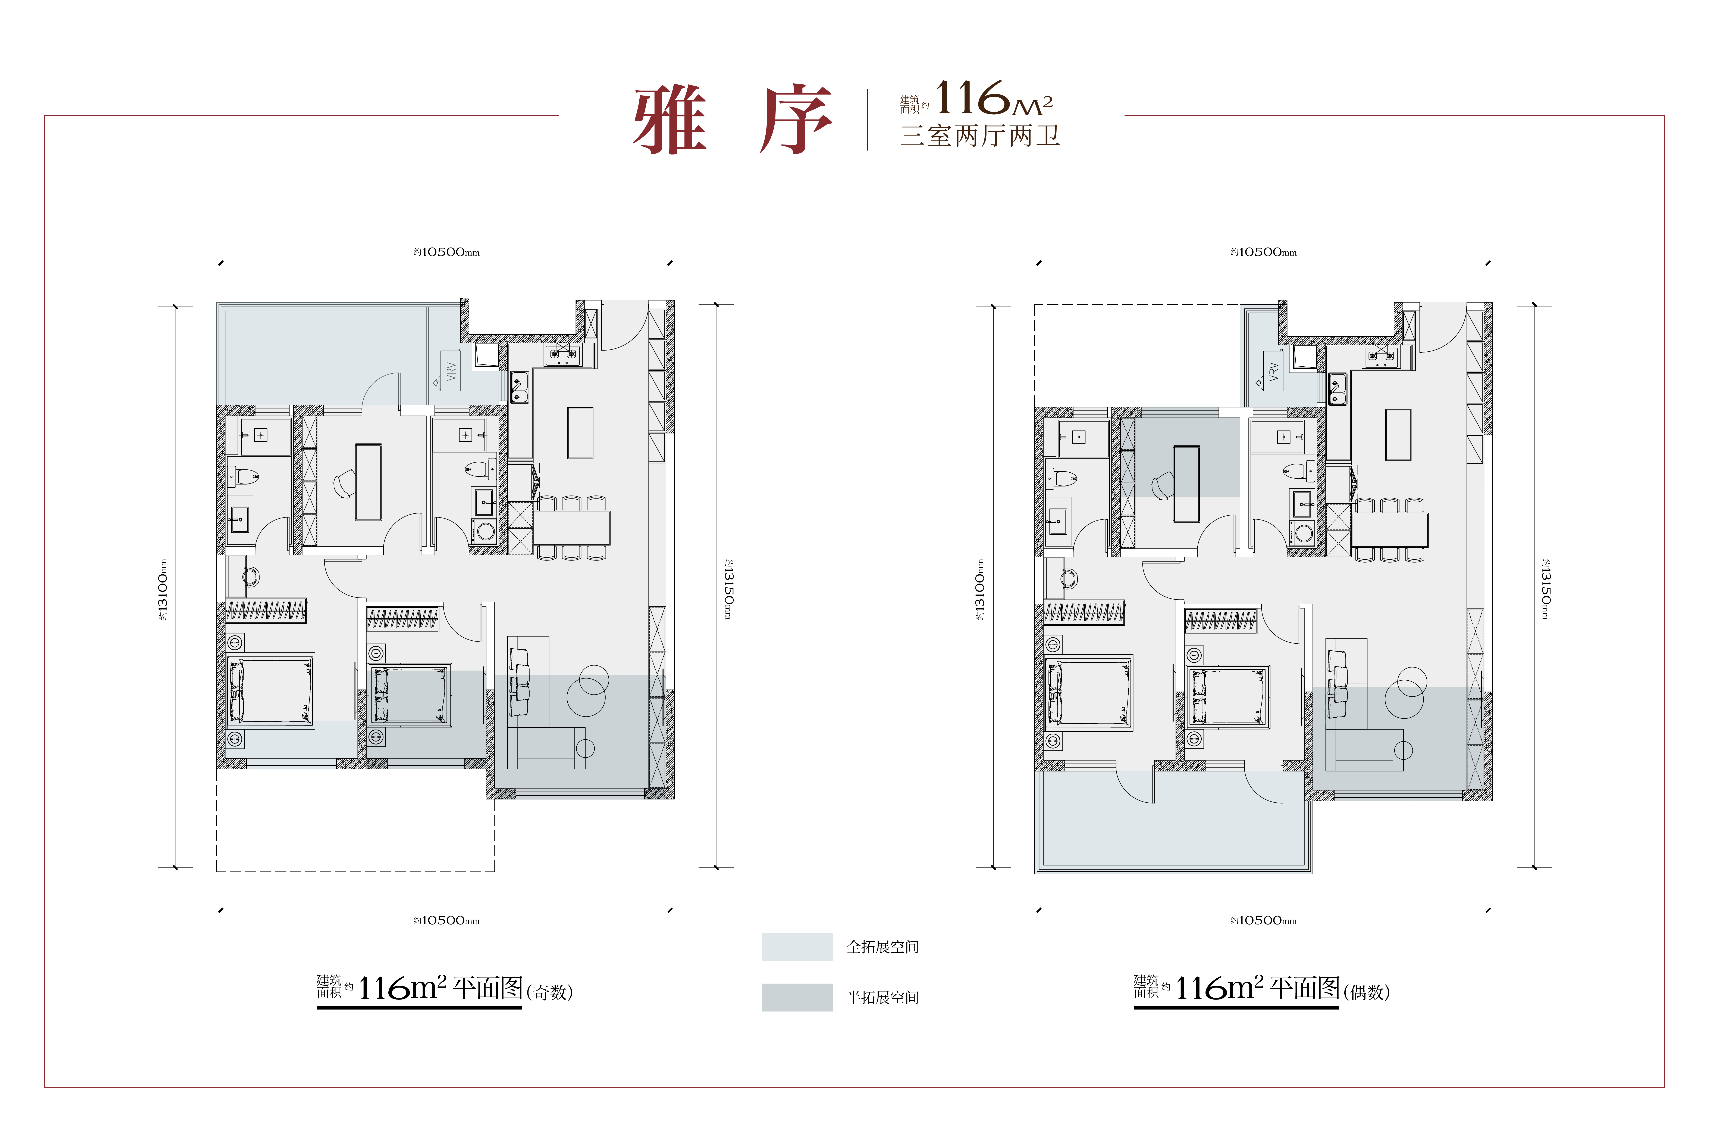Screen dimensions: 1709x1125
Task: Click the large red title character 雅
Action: point(670,120)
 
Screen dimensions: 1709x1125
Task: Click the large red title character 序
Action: point(796,120)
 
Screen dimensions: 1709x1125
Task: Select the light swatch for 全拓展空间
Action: point(797,947)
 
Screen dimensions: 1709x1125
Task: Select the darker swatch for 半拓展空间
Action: point(797,997)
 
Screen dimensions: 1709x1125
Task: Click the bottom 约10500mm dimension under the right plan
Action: point(1263,920)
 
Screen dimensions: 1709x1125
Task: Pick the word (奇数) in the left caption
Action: point(550,992)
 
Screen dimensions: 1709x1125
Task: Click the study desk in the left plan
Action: point(368,481)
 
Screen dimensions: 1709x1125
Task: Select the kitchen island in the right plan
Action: point(1398,435)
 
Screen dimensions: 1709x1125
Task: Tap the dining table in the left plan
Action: point(572,528)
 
